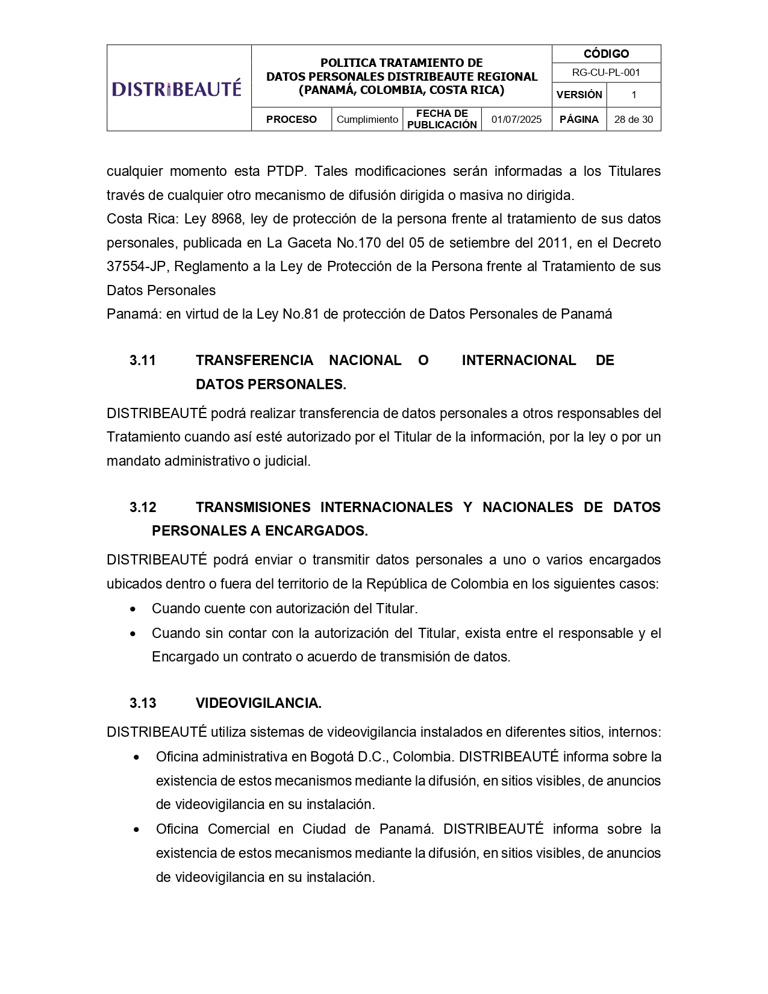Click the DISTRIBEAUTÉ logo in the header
pos(176,89)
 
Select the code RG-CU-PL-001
pos(606,73)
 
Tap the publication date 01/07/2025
pos(516,119)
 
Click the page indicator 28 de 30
pos(633,119)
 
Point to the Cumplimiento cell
pos(367,119)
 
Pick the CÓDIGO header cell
pos(606,54)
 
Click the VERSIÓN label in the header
pos(579,95)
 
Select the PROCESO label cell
pos(291,119)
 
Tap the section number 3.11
pos(143,360)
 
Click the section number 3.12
pos(143,507)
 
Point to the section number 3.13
pos(143,703)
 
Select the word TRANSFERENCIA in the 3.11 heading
pos(254,360)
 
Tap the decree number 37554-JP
pos(136,266)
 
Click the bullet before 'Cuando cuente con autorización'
pos(133,609)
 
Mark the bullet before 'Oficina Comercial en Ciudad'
pos(137,830)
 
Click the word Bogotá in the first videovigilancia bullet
pos(332,757)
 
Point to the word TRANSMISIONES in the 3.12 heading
pos(253,507)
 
